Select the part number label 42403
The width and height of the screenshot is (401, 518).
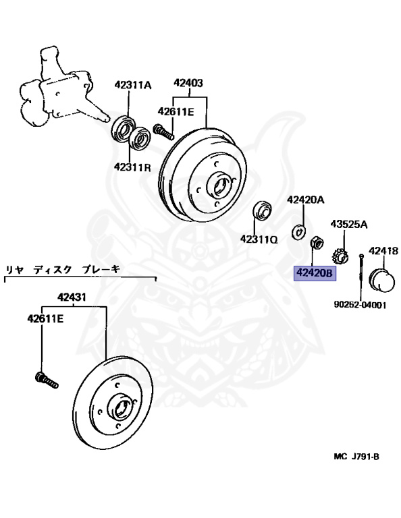click(x=188, y=84)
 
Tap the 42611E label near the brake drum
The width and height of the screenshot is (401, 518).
click(x=176, y=111)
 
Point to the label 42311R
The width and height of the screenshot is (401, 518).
click(x=132, y=167)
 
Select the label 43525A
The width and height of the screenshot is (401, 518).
click(x=348, y=224)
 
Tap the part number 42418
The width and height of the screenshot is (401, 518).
click(x=383, y=252)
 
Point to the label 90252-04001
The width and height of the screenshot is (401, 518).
click(x=360, y=304)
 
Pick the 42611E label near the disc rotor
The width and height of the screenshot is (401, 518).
click(x=45, y=318)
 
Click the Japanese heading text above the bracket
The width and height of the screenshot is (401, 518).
click(x=63, y=268)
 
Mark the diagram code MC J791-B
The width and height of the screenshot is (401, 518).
click(x=356, y=456)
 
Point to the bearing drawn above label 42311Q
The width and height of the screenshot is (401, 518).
click(x=261, y=211)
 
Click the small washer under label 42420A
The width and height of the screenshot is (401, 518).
click(x=297, y=231)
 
